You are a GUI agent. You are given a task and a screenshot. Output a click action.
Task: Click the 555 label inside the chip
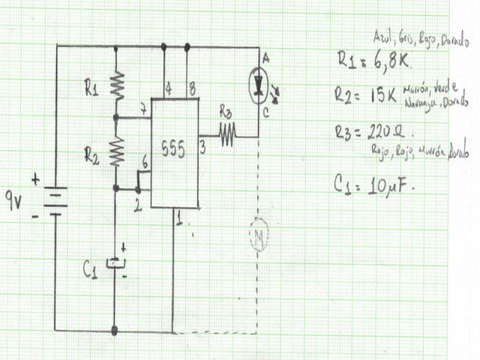coord(174,149)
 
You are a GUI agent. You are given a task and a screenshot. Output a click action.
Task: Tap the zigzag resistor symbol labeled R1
coord(117,85)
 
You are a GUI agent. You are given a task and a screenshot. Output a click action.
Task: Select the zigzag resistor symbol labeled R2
coord(117,152)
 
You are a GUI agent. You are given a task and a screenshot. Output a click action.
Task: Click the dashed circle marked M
coord(258,238)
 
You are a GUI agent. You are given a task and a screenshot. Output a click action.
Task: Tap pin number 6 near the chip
coord(145,165)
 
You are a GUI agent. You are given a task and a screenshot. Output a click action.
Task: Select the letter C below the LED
coord(265,112)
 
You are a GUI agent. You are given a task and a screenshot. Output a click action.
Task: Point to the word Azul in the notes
coord(382,37)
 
